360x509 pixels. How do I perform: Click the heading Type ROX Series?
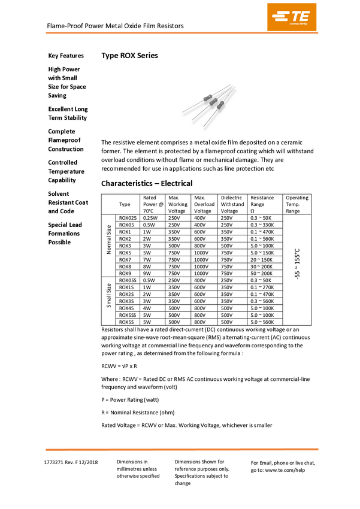pos(129,56)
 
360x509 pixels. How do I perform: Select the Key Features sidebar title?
pos(66,56)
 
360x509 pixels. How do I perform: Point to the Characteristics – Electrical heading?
pos(147,183)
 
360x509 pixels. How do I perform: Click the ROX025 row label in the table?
pos(128,218)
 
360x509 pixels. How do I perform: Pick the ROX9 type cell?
pos(125,273)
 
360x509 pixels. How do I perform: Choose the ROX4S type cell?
pos(127,308)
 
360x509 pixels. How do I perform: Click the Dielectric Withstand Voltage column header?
pos(232,204)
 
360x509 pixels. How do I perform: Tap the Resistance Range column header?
pos(262,204)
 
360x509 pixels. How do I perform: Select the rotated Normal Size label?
pos(108,240)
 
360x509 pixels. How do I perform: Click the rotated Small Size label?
pos(108,294)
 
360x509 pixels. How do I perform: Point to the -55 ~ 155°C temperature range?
pos(297,263)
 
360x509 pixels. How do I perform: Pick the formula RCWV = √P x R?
pos(119,365)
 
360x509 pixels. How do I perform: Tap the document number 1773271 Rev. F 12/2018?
pos(71,462)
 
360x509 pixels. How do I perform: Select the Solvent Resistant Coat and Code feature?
pos(68,202)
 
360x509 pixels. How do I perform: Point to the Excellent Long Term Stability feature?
pos(68,113)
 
